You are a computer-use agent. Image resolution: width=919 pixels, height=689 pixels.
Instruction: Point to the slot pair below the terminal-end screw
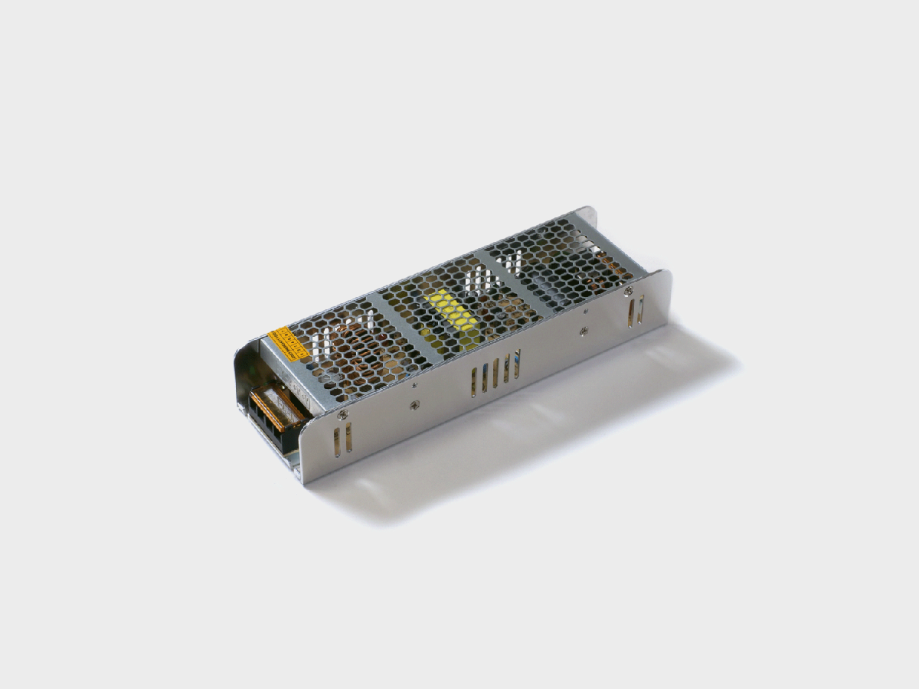pyautogui.click(x=342, y=439)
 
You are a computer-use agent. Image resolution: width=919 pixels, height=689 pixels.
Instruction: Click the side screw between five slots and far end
pyautogui.click(x=584, y=331)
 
